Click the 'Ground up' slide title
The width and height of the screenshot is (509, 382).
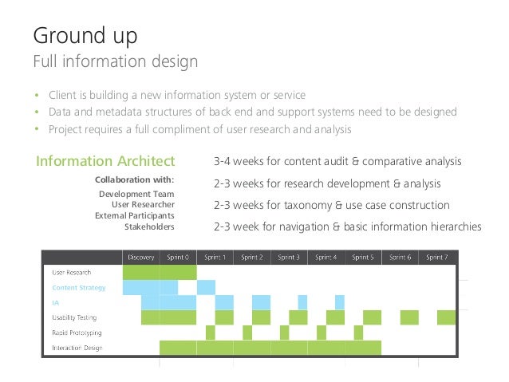click(85, 35)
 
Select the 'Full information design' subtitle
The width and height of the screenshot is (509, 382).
click(115, 61)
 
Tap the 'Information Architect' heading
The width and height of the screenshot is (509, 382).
click(105, 162)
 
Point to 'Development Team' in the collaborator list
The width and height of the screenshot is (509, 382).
click(136, 194)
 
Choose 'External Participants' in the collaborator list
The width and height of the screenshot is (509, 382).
click(135, 215)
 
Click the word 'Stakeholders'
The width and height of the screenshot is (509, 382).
click(149, 226)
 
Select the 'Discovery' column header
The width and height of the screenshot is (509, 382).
click(140, 257)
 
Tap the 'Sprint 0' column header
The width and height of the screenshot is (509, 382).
click(177, 257)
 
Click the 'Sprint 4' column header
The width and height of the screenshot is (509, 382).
click(326, 257)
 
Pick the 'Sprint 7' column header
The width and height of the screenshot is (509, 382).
click(436, 257)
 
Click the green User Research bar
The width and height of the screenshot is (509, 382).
click(159, 272)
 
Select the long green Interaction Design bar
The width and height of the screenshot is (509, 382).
click(270, 348)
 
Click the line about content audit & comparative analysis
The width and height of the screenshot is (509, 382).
click(337, 162)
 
